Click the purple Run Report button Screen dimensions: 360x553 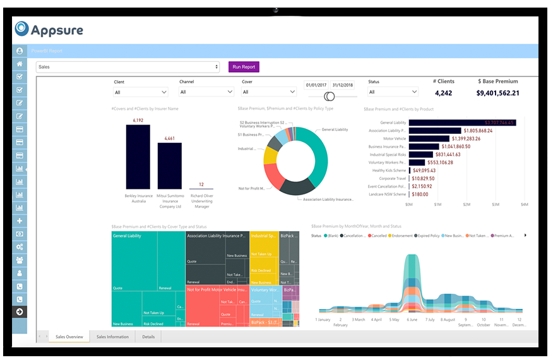point(244,66)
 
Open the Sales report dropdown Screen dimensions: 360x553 point(128,66)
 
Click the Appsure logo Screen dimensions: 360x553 point(49,29)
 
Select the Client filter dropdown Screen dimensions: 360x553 point(140,92)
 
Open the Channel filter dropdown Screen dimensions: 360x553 point(206,92)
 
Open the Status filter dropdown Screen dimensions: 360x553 point(393,92)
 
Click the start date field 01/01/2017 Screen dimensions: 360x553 point(316,85)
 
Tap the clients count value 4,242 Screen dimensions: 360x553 point(443,93)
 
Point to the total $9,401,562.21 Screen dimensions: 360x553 point(497,93)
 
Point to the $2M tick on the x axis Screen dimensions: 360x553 point(467,205)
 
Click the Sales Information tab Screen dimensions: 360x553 point(112,337)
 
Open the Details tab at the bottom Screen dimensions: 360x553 point(148,337)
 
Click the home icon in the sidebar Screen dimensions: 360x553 point(20,64)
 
